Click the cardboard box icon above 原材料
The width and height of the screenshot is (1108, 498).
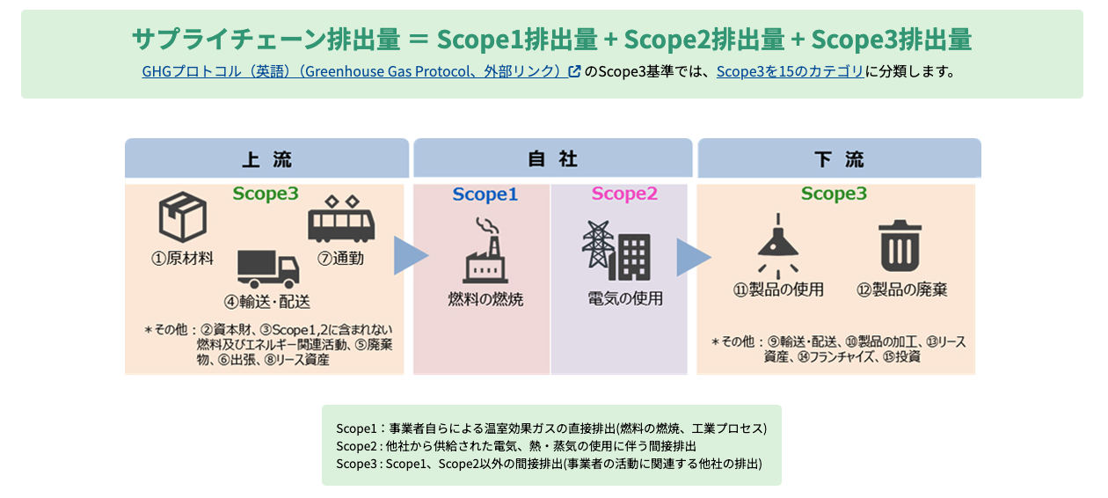(183, 217)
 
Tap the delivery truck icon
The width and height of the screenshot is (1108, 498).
(268, 269)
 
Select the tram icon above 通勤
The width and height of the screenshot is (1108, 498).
(341, 219)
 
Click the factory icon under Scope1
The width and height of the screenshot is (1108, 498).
(485, 250)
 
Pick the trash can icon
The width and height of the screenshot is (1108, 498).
(900, 245)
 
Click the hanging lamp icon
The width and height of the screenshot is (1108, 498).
(778, 245)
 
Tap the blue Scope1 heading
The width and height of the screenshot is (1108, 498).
(485, 194)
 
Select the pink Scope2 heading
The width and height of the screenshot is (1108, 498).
(624, 194)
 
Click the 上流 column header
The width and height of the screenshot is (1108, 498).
(267, 159)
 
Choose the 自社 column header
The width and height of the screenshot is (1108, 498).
(553, 159)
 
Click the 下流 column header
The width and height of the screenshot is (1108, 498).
(840, 159)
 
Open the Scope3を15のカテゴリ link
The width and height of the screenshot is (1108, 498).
(790, 71)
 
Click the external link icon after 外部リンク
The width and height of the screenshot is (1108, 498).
(574, 71)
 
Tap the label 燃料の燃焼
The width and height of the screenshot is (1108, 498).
(485, 299)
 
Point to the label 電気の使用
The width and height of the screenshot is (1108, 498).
(625, 298)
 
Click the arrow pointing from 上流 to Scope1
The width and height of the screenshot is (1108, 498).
(408, 255)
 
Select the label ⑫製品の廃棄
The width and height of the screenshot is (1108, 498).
(902, 289)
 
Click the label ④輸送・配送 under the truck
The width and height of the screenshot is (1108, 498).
(267, 302)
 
